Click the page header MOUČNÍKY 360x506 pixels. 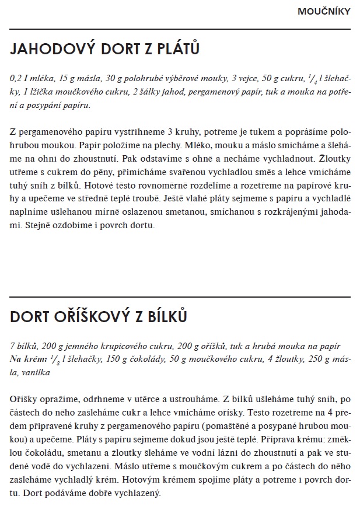coord(324,11)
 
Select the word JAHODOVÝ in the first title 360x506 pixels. coord(51,50)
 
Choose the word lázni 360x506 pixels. coord(219,452)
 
